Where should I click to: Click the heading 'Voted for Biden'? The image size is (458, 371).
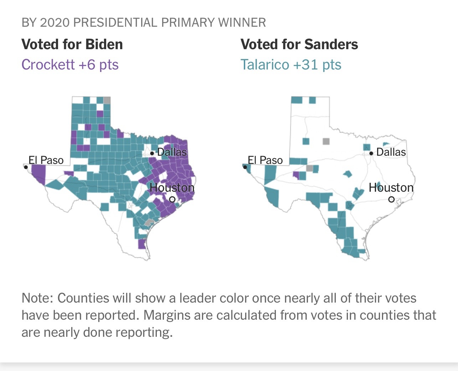click(72, 45)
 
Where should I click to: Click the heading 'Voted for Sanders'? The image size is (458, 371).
click(299, 45)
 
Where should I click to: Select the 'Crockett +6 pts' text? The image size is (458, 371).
click(70, 65)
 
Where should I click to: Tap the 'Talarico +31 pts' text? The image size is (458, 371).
click(290, 65)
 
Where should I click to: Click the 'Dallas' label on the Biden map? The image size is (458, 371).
click(172, 152)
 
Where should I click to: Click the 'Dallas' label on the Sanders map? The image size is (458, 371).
click(391, 152)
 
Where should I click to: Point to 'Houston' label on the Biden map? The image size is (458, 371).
click(172, 187)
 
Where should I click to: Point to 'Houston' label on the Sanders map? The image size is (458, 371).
click(391, 187)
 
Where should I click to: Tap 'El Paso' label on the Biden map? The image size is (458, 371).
click(46, 160)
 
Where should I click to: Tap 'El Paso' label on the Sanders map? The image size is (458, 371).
click(265, 160)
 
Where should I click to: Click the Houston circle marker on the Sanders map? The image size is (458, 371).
click(391, 199)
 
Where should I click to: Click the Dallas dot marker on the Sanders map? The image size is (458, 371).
click(371, 153)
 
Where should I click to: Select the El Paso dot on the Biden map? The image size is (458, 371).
click(26, 167)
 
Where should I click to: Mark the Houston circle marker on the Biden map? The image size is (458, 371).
click(172, 199)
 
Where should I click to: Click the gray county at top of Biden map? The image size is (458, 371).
click(107, 100)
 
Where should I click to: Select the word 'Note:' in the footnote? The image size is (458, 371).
click(37, 298)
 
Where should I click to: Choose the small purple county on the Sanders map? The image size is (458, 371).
click(295, 175)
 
